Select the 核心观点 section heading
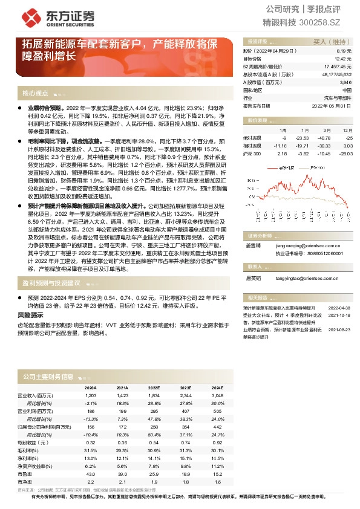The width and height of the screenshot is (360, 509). pos(35,93)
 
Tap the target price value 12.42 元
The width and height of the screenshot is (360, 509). pos(343,59)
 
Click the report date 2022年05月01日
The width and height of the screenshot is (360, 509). pos(332,105)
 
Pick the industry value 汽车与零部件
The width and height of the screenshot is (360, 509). pos(338,97)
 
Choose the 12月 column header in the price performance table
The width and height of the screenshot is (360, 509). pos(347,130)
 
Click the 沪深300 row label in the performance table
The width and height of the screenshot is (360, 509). pos(252,154)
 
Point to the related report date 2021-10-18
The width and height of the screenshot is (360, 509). pos(339,314)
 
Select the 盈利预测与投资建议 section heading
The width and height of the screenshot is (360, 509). pos(51,283)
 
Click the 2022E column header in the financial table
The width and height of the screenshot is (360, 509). pos(153,388)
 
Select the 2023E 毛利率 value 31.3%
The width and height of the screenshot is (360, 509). pos(185,450)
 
